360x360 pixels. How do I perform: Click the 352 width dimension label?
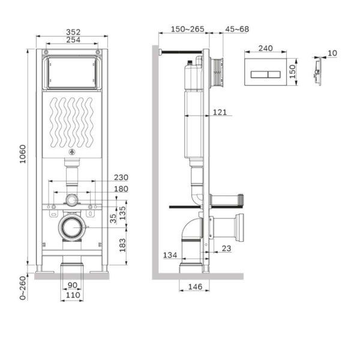(73, 32)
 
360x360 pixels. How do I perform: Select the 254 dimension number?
(73, 40)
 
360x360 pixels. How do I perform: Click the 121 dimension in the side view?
(220, 111)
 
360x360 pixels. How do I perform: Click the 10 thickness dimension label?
(332, 53)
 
